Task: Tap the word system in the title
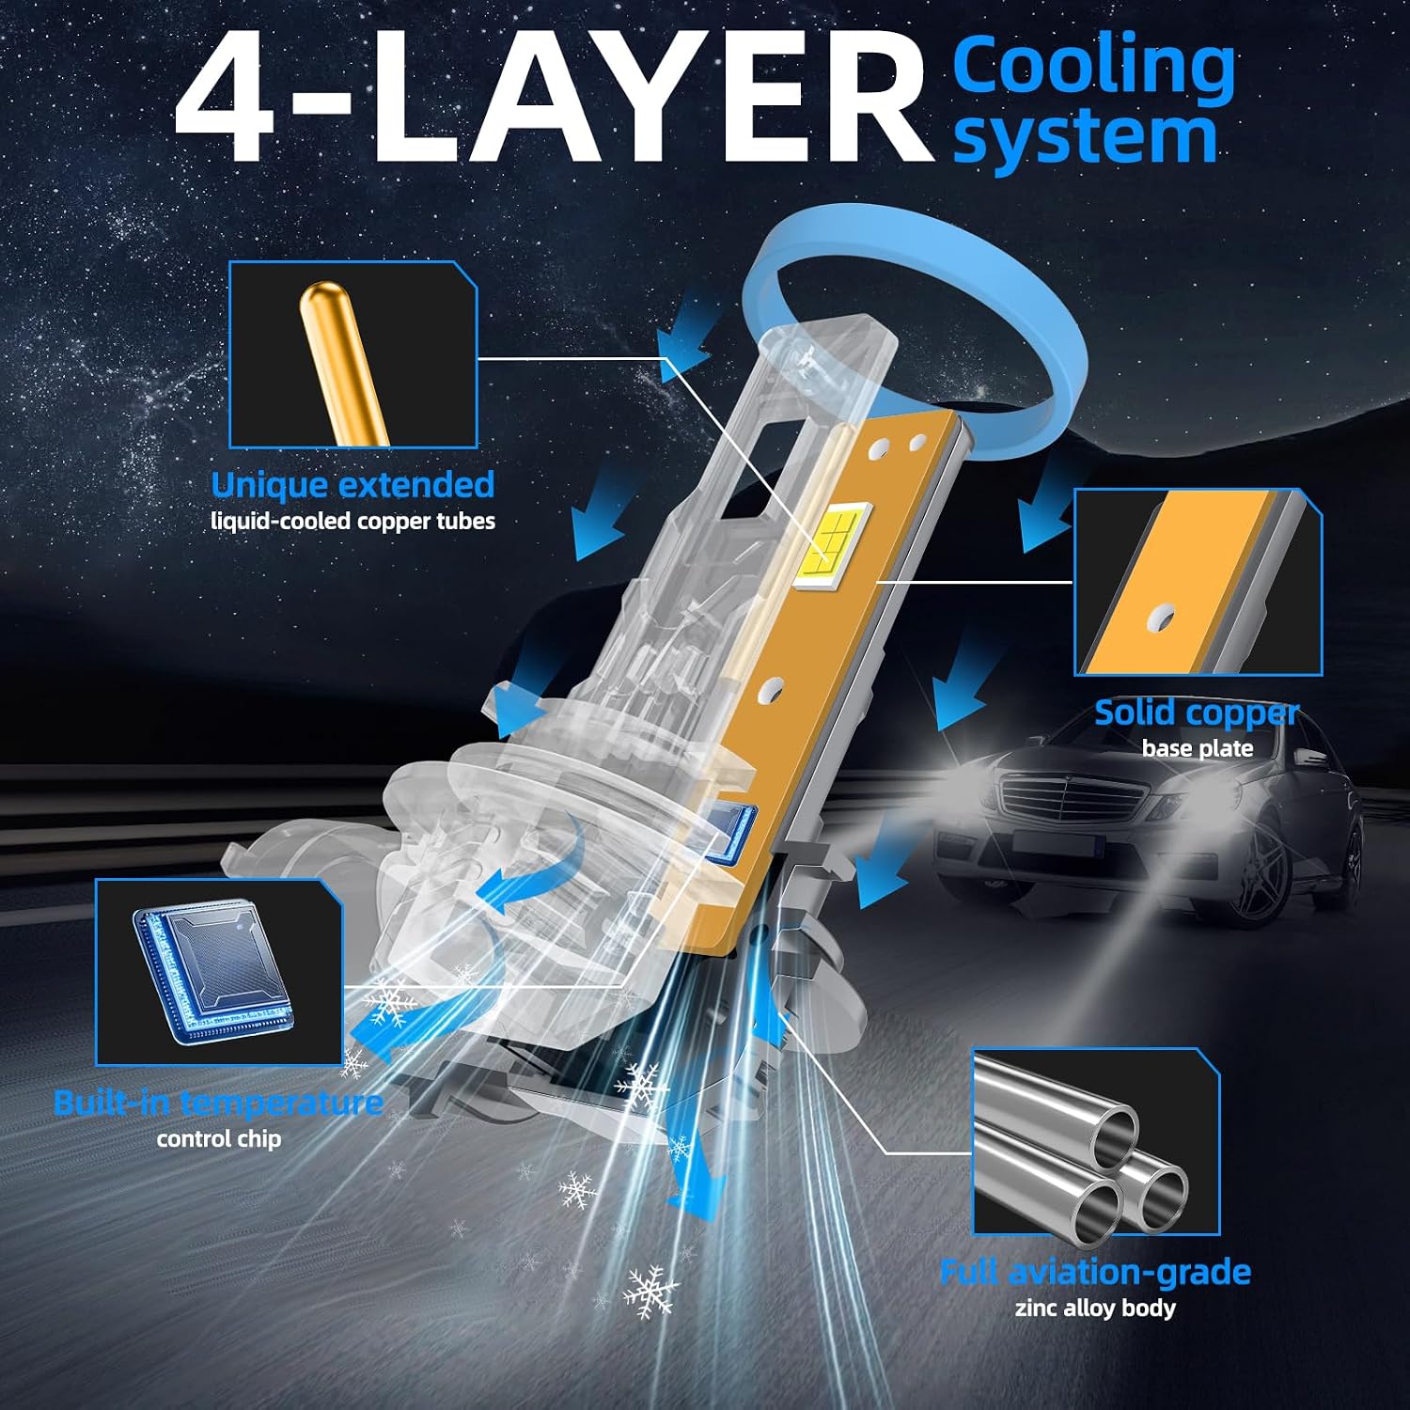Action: (1086, 138)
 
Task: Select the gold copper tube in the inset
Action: (341, 361)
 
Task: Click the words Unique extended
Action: (352, 484)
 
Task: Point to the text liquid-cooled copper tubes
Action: (352, 521)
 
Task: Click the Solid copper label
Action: (1197, 713)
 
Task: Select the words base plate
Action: (1198, 748)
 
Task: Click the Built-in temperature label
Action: (218, 1102)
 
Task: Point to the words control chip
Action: (219, 1139)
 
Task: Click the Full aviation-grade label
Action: (1095, 1272)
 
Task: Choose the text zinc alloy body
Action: (1095, 1308)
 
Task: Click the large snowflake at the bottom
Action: (650, 1292)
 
